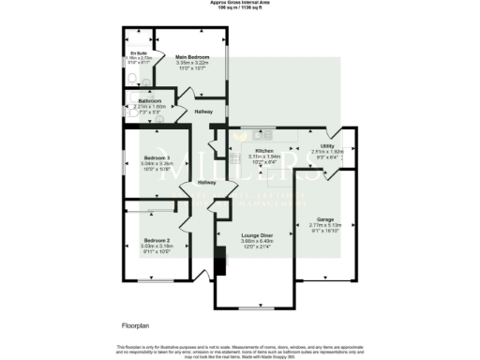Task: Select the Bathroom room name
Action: pyautogui.click(x=150, y=101)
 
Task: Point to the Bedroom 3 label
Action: pyautogui.click(x=157, y=157)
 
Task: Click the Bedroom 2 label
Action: pyautogui.click(x=156, y=239)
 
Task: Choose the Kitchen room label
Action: pyautogui.click(x=263, y=151)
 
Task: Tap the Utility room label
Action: pyautogui.click(x=326, y=146)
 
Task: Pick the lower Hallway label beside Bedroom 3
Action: pyautogui.click(x=208, y=183)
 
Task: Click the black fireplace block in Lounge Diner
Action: pyautogui.click(x=220, y=264)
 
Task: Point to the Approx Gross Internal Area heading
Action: pyautogui.click(x=239, y=3)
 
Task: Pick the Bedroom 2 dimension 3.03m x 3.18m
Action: pyautogui.click(x=156, y=245)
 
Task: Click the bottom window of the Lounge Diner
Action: pyautogui.click(x=254, y=307)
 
